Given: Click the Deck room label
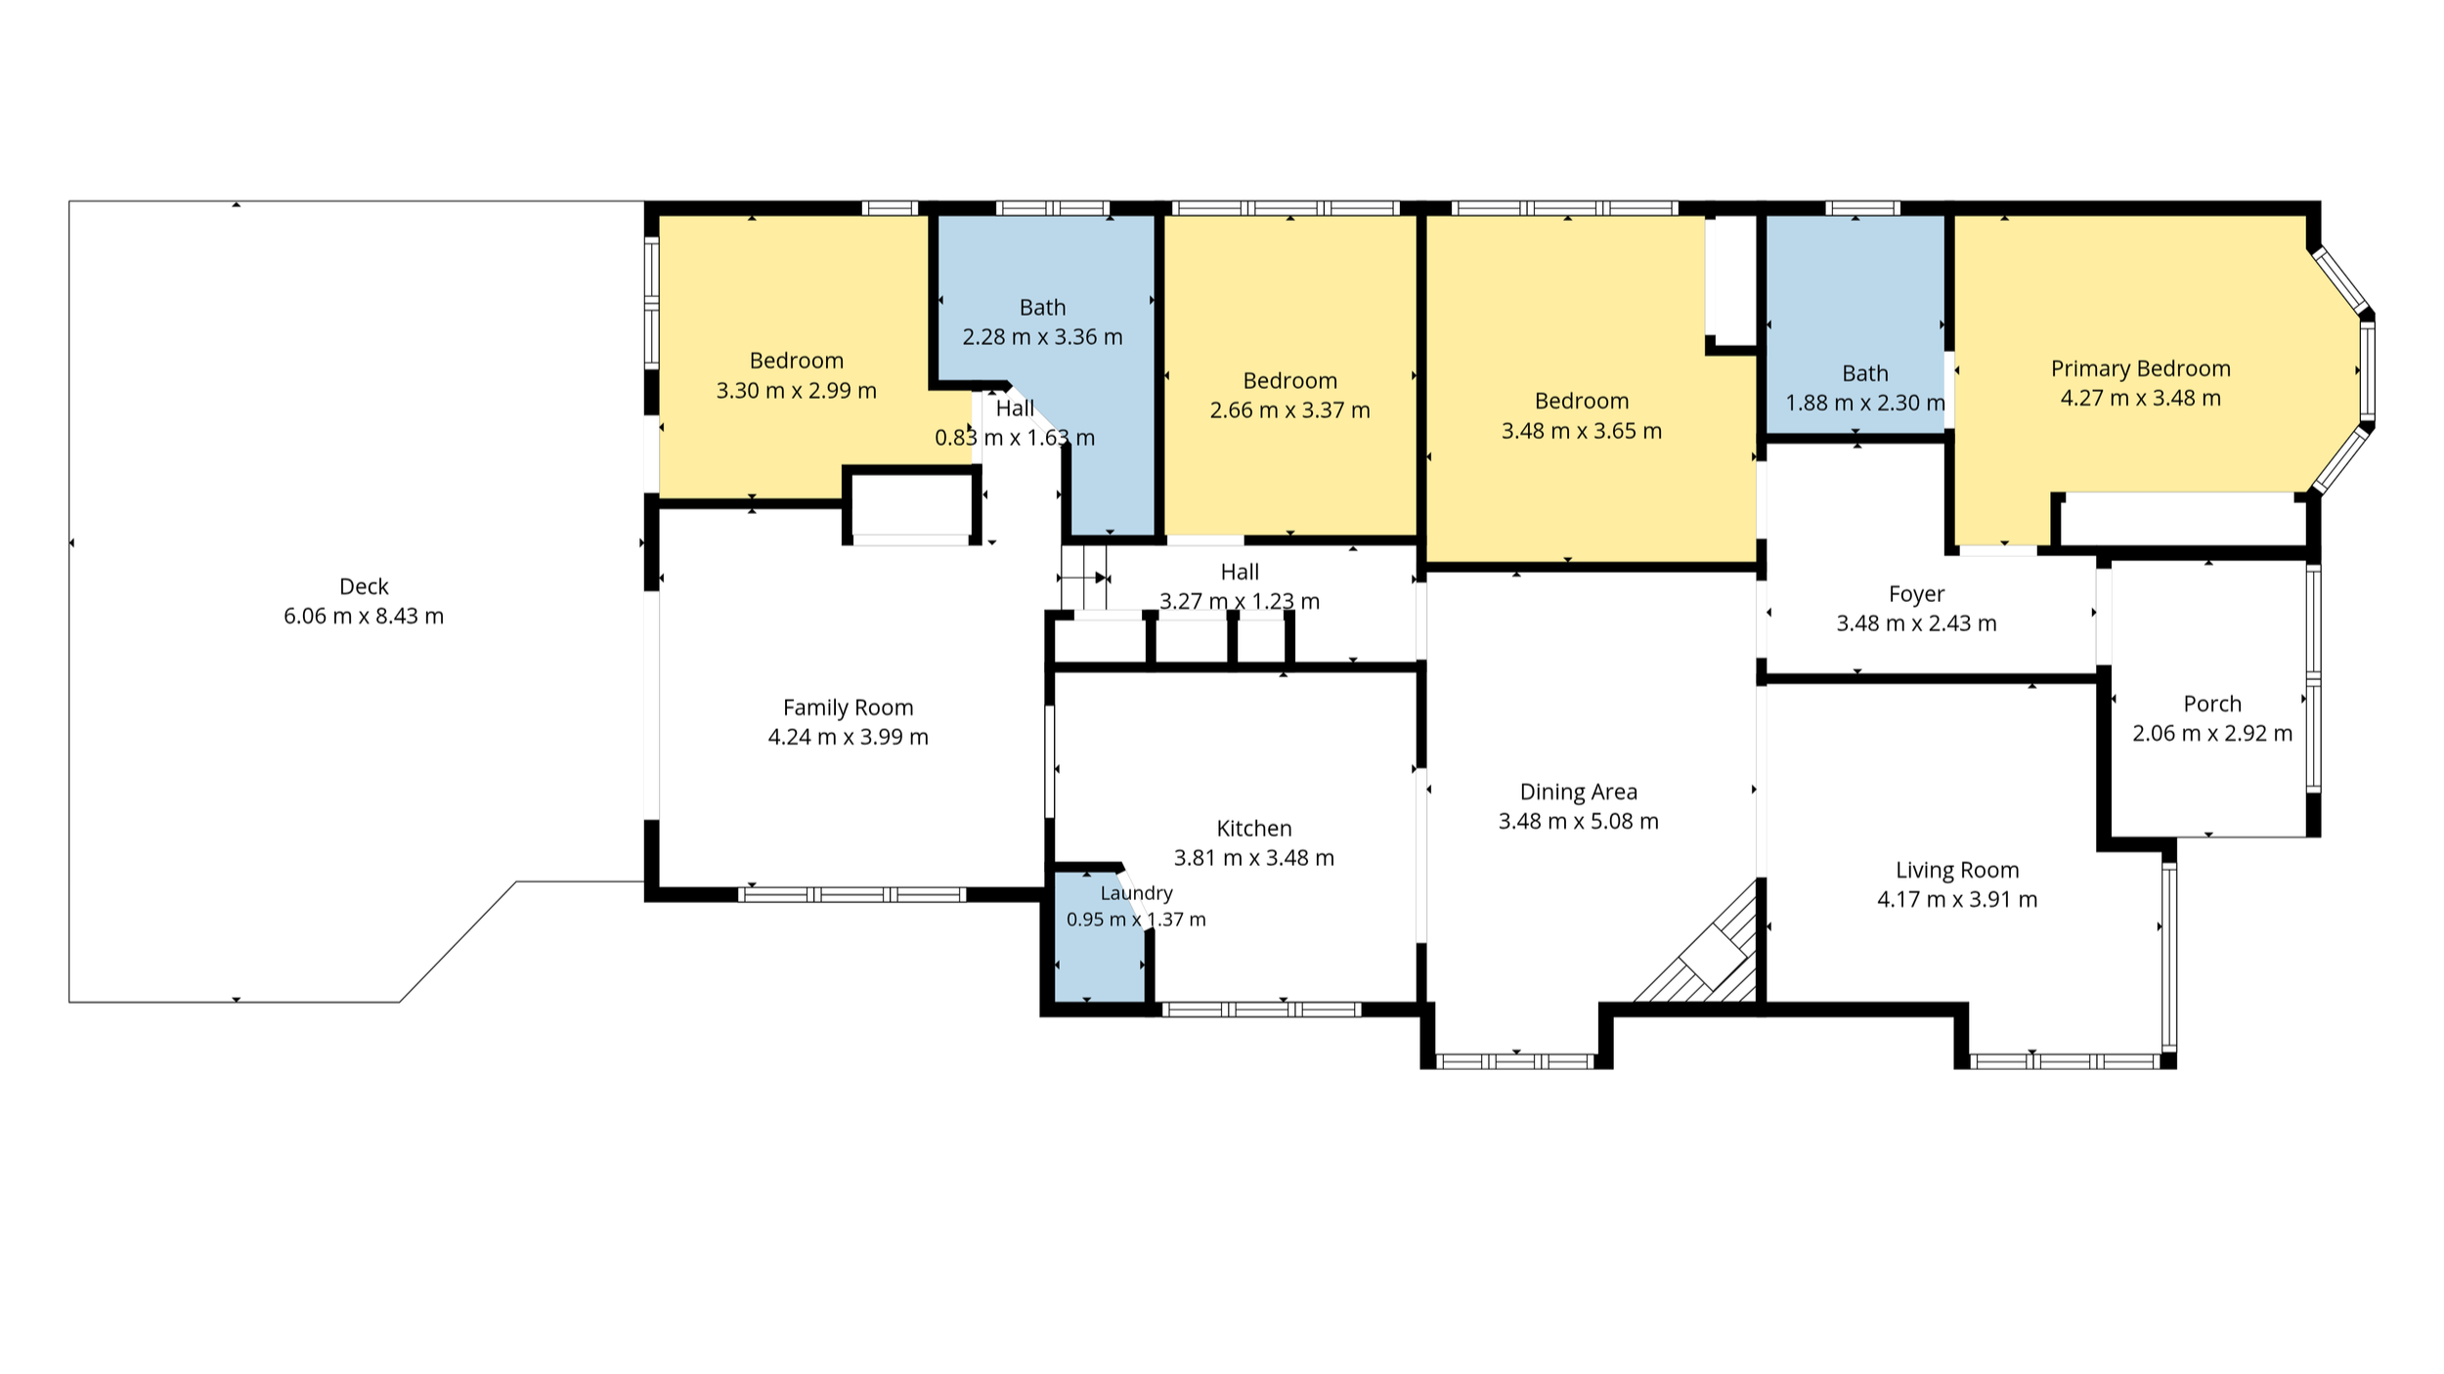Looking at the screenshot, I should pos(364,586).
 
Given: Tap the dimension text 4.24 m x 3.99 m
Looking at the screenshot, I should pos(848,737).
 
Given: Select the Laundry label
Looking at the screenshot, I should pos(1136,893).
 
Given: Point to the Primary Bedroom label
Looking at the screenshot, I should pos(2140,368).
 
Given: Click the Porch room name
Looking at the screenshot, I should pos(2212,704).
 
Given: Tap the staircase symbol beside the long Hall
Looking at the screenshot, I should pos(1084,578).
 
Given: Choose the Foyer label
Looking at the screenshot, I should pos(1916,594).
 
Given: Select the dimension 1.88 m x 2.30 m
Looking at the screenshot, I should pos(1864,403).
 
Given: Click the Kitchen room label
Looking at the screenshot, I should pos(1253,829).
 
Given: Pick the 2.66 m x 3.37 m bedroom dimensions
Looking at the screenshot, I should pos(1289,410).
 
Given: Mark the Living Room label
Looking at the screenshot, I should pos(1957,870).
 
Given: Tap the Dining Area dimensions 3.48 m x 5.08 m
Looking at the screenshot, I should pos(1578,821).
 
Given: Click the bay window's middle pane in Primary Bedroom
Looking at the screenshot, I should pos(2367,371).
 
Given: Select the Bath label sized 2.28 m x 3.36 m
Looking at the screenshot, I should pos(1042,308).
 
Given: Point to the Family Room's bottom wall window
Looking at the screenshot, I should pos(851,894).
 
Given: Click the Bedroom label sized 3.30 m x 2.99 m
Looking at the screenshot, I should pos(796,361).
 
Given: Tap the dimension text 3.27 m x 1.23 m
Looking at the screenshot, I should pos(1239,601).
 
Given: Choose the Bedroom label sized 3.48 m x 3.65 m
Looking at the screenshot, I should pos(1581,401).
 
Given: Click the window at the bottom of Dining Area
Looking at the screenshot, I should pos(1516,1061).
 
